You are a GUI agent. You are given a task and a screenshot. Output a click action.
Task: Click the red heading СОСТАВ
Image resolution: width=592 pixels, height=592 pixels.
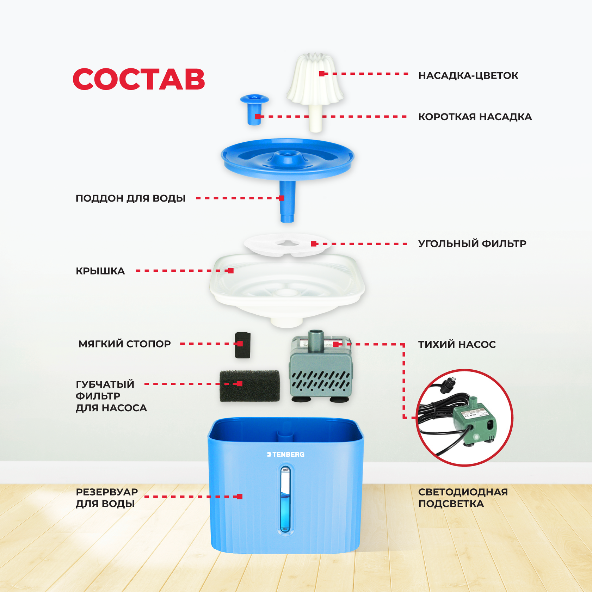(139, 79)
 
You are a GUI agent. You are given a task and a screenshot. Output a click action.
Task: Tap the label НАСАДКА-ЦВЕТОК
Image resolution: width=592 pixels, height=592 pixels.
(468, 75)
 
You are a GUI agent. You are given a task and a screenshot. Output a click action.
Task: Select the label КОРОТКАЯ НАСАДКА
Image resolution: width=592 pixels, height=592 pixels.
(475, 117)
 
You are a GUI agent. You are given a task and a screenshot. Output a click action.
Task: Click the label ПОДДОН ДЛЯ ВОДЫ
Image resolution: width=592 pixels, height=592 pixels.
(130, 198)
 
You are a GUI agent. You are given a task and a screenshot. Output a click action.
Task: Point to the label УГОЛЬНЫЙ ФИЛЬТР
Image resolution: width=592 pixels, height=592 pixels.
(472, 243)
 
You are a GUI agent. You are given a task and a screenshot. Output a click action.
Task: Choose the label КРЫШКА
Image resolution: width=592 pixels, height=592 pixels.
(100, 271)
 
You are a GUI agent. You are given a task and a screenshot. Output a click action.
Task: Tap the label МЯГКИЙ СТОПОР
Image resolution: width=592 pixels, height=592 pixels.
(124, 344)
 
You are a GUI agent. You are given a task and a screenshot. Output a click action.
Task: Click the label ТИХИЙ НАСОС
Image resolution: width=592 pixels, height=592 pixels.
(457, 344)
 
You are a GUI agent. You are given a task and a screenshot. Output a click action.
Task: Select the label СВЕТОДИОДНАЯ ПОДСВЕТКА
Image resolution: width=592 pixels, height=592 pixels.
(463, 498)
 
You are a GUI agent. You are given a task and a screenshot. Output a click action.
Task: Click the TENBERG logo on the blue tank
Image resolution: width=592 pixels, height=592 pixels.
(285, 455)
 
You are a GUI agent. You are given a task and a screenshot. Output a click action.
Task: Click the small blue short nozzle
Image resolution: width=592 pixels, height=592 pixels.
(254, 109)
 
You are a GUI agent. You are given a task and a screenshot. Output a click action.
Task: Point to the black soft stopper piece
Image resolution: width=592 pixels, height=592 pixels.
(242, 345)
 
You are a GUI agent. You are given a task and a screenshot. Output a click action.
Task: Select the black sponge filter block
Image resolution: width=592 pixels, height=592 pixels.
(249, 386)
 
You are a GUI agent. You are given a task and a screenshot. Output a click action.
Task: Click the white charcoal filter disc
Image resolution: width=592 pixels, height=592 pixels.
(287, 244)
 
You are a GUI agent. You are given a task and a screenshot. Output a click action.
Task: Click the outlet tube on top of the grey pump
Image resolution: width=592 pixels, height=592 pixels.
(316, 340)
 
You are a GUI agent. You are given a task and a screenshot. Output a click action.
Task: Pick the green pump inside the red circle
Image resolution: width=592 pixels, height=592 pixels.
(474, 421)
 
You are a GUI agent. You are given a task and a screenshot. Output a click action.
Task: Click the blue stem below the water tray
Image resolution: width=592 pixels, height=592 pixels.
(287, 202)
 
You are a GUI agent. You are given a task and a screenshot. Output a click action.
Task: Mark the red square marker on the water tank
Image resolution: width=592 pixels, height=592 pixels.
(240, 497)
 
